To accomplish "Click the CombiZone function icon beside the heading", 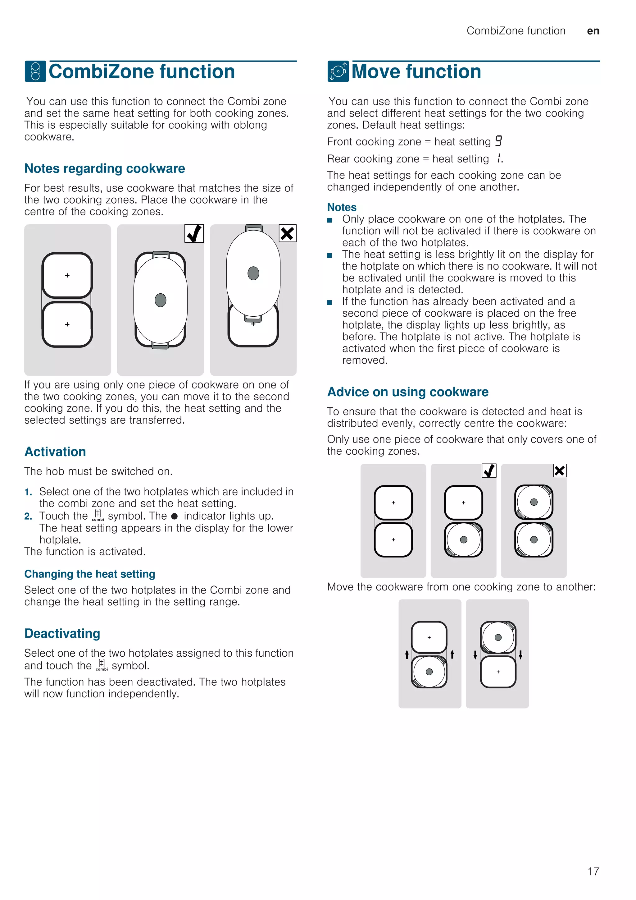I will pos(35,71).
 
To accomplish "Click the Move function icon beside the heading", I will pos(338,71).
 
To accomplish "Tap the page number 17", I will pos(593,871).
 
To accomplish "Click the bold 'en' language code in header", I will pos(593,31).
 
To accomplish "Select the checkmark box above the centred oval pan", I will pos(194,234).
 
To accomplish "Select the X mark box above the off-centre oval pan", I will pos(288,234).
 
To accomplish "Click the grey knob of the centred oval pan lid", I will pos(161,300).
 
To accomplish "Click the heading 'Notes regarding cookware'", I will pos(105,168).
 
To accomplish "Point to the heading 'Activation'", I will pos(55,452).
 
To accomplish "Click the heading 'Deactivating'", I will pos(62,633).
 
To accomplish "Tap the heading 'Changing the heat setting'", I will pos(90,574).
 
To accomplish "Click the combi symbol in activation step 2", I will pos(98,516).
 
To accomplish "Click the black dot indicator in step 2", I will pos(175,516).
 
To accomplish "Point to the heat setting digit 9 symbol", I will pos(498,141).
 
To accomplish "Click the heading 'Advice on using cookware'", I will pos(408,392).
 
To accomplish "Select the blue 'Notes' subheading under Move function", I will pos(342,207).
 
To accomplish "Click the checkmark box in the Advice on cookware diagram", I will pos(489,471).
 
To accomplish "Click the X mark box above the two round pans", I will pos(560,471).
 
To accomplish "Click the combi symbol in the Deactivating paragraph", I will pos(102,665).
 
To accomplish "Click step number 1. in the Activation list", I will pos(28,492).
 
